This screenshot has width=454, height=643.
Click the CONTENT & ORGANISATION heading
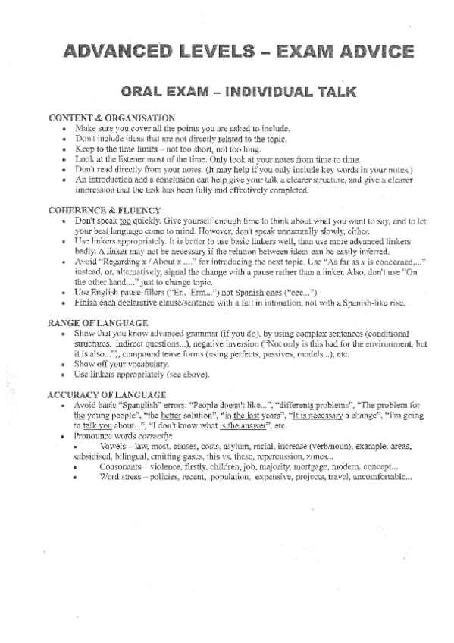pos(111,118)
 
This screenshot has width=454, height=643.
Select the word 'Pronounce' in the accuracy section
pos(92,436)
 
